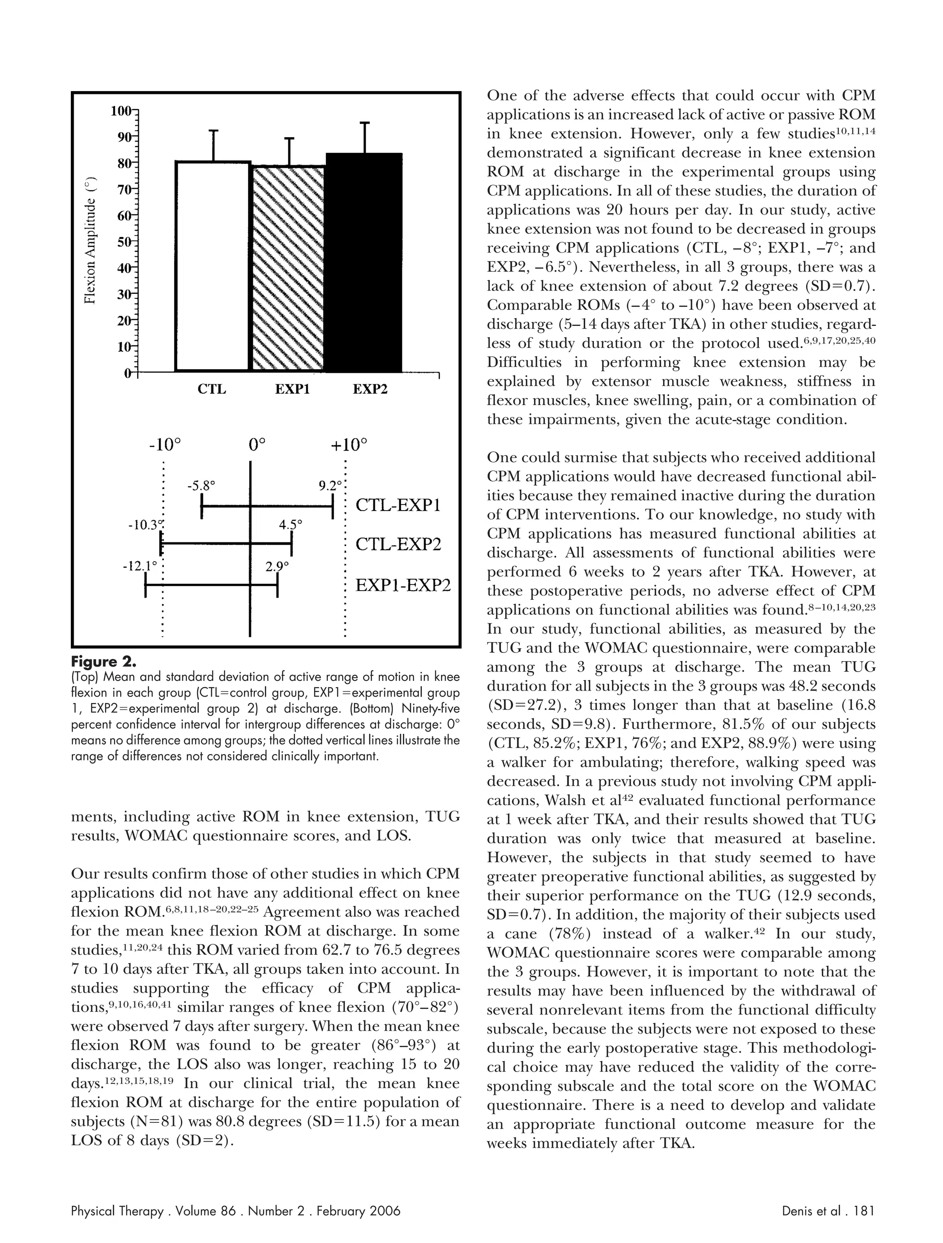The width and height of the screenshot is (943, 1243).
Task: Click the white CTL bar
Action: coord(212,267)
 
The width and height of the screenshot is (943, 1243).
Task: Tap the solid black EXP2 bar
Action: coord(365,262)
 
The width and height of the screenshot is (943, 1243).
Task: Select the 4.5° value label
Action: coord(291,525)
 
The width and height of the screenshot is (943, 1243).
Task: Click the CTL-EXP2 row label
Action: coord(398,545)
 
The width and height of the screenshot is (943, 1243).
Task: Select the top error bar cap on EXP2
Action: coord(365,122)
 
